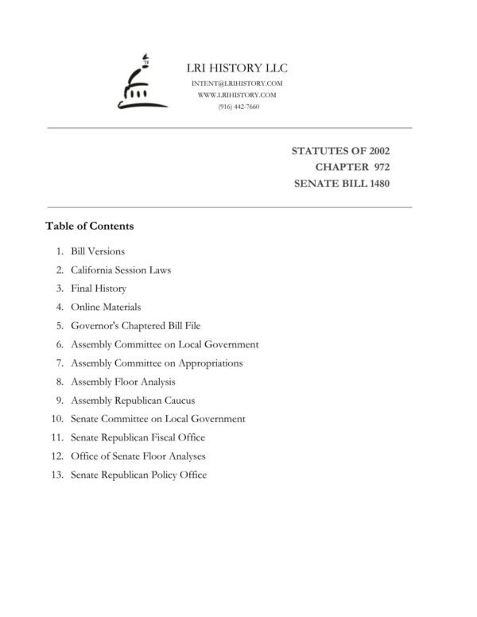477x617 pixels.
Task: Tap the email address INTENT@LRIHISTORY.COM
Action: tap(238, 83)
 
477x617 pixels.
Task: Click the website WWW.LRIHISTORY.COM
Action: tap(238, 95)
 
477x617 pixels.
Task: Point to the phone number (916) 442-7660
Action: tap(238, 107)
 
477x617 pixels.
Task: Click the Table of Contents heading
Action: tap(90, 226)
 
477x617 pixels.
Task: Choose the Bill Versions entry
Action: tap(98, 251)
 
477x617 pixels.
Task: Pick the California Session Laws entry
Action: tap(121, 270)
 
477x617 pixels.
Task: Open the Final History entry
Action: tap(99, 289)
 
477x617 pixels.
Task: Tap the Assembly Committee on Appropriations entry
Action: tap(157, 363)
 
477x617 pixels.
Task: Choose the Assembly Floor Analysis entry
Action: tap(123, 382)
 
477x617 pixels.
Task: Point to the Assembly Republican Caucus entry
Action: tap(133, 400)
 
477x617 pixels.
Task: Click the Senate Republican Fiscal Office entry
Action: tap(138, 437)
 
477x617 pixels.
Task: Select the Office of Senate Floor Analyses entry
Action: tap(138, 456)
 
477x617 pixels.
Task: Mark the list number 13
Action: tap(56, 475)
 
